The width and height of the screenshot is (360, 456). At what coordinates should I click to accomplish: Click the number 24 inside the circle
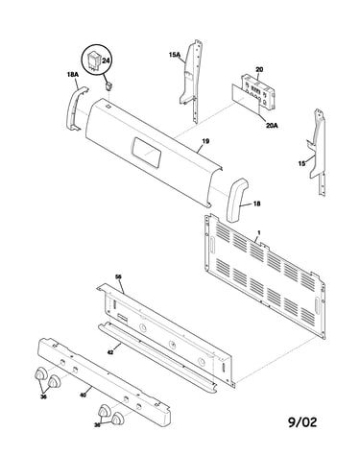[106, 60]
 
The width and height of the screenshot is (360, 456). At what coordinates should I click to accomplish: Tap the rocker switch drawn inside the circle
[94, 60]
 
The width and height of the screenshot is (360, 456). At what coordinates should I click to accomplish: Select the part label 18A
[73, 74]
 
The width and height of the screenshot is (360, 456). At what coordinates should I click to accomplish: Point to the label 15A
[175, 55]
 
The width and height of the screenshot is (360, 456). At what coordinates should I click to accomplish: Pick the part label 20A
[272, 126]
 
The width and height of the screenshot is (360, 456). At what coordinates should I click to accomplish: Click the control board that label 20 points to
[258, 90]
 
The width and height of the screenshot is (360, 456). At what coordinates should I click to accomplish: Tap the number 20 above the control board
[259, 69]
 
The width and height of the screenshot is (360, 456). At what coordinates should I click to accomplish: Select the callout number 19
[205, 141]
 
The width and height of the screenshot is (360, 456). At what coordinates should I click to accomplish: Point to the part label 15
[301, 163]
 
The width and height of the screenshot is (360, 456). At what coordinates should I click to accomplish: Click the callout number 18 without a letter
[256, 204]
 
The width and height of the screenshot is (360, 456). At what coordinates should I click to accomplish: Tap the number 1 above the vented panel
[259, 232]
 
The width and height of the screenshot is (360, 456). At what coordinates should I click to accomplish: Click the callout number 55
[118, 276]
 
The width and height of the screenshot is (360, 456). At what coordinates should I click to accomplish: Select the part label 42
[110, 351]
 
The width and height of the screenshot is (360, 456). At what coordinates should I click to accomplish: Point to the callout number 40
[83, 396]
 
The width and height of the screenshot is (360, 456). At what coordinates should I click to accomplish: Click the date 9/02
[302, 422]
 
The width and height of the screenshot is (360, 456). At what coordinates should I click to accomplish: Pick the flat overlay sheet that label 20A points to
[246, 98]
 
